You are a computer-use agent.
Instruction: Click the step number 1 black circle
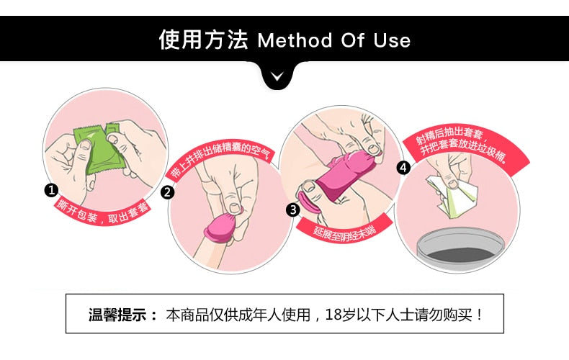(x=51, y=190)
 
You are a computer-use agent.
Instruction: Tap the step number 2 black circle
(x=167, y=192)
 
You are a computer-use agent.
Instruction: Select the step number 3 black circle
(x=293, y=210)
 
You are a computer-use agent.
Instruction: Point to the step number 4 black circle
(x=403, y=168)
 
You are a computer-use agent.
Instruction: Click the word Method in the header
(x=295, y=40)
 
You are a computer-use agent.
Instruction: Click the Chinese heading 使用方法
(x=203, y=39)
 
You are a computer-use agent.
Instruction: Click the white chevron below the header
(x=277, y=76)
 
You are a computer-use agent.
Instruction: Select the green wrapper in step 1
(x=98, y=149)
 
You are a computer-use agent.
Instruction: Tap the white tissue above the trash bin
(x=453, y=196)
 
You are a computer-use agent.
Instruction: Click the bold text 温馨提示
(x=117, y=314)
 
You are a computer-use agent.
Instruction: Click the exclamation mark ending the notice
(x=480, y=314)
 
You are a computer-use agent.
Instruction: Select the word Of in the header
(x=352, y=40)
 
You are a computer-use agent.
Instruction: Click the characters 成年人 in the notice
(x=260, y=314)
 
